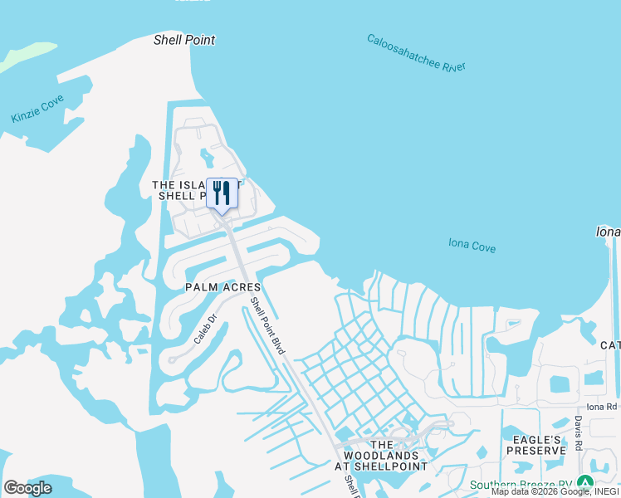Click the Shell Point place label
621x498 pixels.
184,40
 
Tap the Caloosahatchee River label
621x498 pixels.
416,54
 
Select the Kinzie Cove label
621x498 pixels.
37,110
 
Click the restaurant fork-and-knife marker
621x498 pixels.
222,193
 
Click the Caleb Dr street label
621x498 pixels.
204,328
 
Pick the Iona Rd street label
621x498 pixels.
602,407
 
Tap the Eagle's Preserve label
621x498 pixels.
538,445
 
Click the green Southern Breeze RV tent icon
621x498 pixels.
585,483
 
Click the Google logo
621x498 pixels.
28,488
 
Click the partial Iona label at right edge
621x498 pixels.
608,232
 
